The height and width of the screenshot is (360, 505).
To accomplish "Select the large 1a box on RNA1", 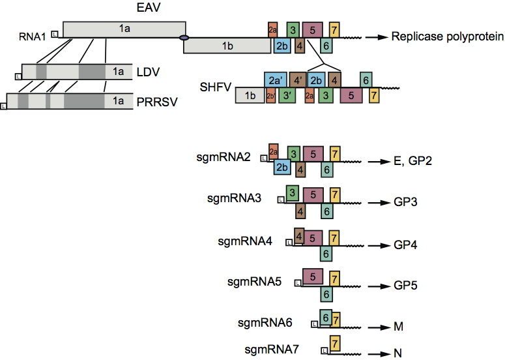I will [x=124, y=29].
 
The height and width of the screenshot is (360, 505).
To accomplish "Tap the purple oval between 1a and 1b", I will [x=184, y=38].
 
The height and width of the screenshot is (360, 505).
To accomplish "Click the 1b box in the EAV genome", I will [x=227, y=45].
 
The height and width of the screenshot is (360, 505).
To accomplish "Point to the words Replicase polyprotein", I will [x=447, y=37].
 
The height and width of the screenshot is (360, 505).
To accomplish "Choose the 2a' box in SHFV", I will [x=275, y=80].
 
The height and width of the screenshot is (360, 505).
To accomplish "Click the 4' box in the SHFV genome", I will [x=298, y=80].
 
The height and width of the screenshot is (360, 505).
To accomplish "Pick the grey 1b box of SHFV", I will [x=249, y=95].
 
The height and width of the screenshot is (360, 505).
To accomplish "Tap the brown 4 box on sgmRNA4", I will [x=299, y=235].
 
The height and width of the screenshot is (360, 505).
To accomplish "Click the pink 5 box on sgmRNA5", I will [x=313, y=277].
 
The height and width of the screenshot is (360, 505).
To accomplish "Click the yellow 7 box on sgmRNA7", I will [x=334, y=343].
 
